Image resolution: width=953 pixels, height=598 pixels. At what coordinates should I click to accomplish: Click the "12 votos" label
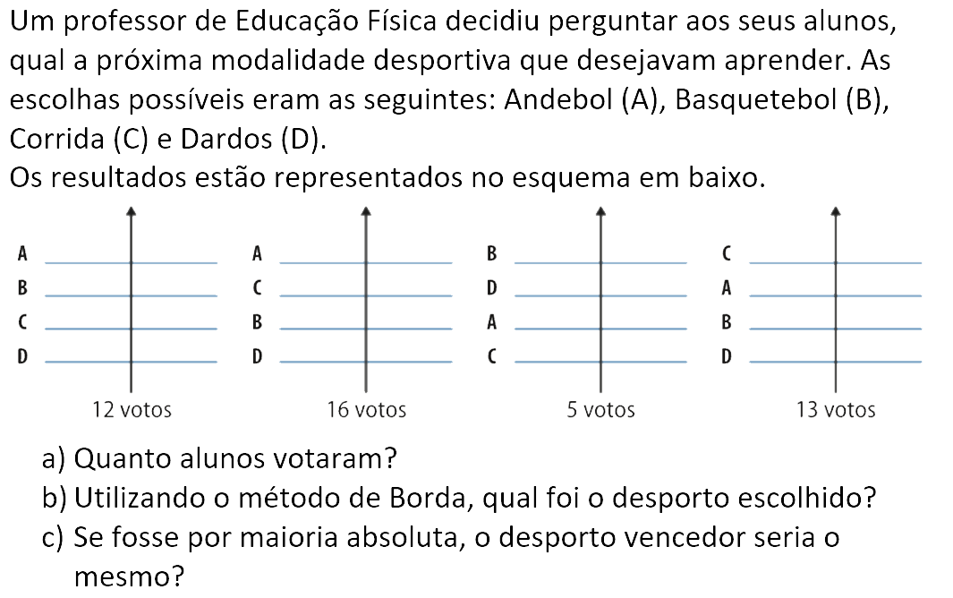(132, 411)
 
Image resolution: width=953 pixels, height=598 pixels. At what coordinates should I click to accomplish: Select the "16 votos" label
(367, 411)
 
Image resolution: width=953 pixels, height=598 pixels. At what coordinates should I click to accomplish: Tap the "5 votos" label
(600, 411)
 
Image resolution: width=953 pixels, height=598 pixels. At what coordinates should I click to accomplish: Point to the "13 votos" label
(836, 411)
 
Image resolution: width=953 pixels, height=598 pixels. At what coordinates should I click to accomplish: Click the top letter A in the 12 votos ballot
(23, 254)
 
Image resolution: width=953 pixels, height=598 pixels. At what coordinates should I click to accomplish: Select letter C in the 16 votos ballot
(257, 288)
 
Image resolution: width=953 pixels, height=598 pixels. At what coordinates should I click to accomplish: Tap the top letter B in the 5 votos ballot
(490, 254)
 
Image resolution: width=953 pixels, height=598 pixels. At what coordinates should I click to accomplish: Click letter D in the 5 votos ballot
(490, 288)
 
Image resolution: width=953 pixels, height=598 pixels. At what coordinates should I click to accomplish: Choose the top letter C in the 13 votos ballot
(727, 254)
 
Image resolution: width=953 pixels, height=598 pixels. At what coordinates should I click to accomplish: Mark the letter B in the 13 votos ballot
(727, 323)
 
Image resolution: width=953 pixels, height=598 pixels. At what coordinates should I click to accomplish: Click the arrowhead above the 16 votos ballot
(366, 211)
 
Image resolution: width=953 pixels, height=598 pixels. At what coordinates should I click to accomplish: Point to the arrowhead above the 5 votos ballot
(600, 211)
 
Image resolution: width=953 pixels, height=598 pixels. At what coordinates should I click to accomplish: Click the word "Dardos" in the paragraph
(226, 140)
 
